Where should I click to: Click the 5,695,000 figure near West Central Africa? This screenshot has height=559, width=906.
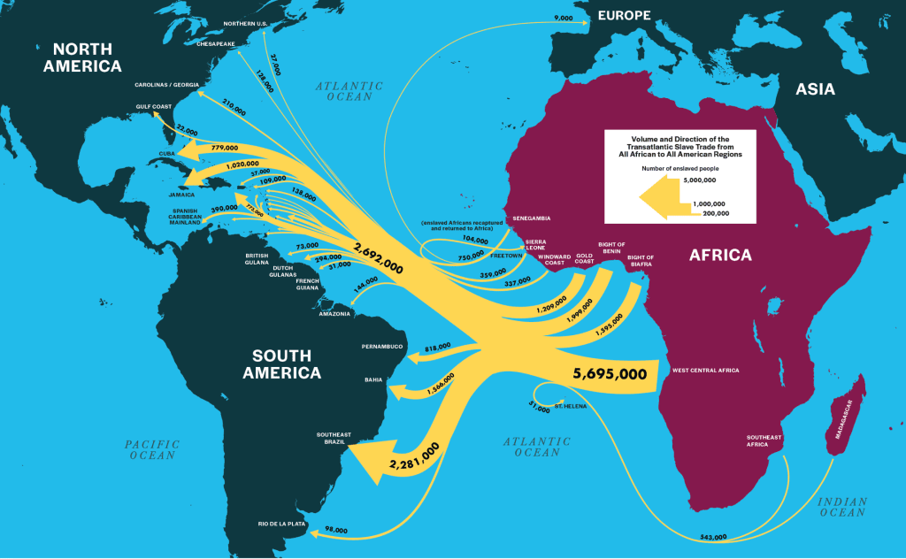pyautogui.click(x=610, y=373)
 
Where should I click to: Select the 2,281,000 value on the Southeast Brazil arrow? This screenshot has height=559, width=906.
pyautogui.click(x=414, y=457)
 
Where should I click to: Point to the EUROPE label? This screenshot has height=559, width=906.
pyautogui.click(x=624, y=15)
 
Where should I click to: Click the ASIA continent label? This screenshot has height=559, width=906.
pyautogui.click(x=815, y=89)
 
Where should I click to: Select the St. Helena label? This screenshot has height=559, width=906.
pyautogui.click(x=567, y=405)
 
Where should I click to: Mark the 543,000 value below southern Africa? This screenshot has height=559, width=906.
pyautogui.click(x=712, y=537)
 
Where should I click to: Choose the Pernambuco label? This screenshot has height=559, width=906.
pyautogui.click(x=382, y=346)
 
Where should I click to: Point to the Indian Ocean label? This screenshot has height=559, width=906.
pyautogui.click(x=842, y=506)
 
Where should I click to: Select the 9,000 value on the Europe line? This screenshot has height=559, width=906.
pyautogui.click(x=563, y=18)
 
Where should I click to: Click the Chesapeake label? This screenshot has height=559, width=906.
pyautogui.click(x=216, y=42)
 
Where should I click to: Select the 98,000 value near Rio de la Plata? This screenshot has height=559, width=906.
pyautogui.click(x=336, y=529)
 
